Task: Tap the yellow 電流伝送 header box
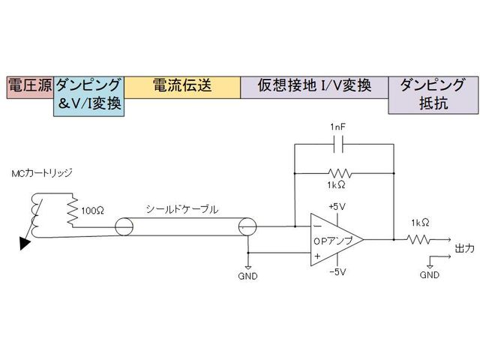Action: pyautogui.click(x=182, y=85)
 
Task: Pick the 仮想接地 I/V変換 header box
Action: pyautogui.click(x=314, y=85)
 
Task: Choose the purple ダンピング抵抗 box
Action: pyautogui.click(x=432, y=94)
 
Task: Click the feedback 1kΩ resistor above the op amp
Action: pyautogui.click(x=343, y=172)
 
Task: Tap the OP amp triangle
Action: pyautogui.click(x=333, y=240)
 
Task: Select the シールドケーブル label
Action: pyautogui.click(x=183, y=210)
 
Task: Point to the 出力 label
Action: pyautogui.click(x=464, y=248)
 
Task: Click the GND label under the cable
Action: pyautogui.click(x=247, y=276)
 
